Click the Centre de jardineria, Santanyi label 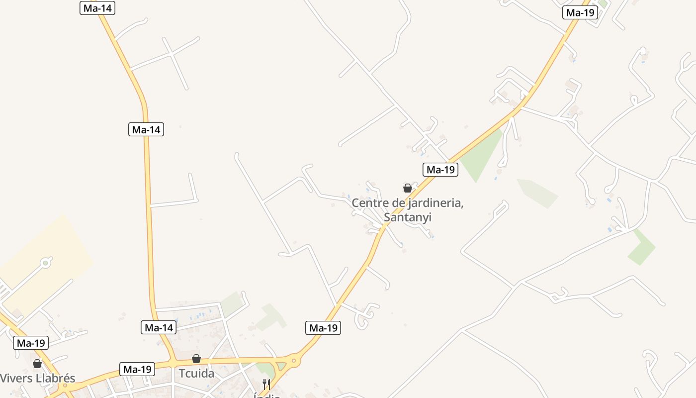point(408,210)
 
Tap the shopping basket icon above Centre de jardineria point(408,188)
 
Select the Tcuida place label point(196,373)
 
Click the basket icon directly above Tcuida point(196,359)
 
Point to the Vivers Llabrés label point(37,378)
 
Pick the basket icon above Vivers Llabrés point(37,364)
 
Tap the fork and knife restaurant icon point(266,384)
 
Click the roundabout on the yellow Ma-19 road point(294,360)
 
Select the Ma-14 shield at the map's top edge point(97,8)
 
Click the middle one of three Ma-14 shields point(146,130)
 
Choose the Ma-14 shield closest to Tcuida point(159,327)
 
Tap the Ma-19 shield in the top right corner point(580,13)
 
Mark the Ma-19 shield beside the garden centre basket point(440,170)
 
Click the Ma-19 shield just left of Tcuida point(137,369)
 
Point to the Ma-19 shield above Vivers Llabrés point(31,343)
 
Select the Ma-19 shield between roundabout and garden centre point(323,328)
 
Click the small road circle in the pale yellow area point(46,262)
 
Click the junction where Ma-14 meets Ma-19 point(174,360)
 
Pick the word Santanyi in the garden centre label point(408,217)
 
